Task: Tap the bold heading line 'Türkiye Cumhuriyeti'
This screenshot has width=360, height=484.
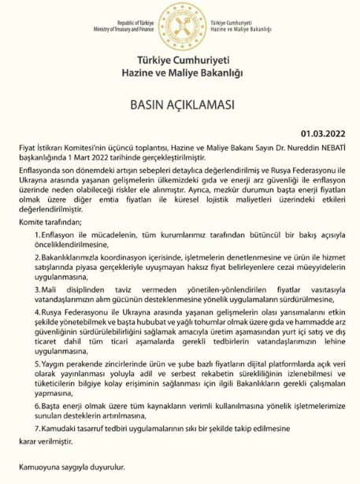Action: [x=180, y=61]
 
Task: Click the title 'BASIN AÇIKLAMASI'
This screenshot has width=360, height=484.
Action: [x=180, y=103]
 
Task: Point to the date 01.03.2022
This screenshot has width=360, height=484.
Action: [x=322, y=134]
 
